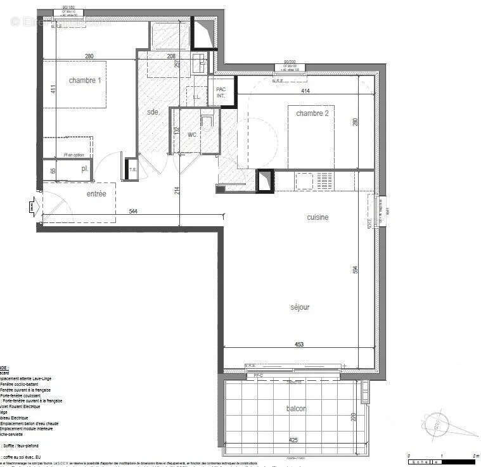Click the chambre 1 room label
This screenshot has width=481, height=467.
(84, 80)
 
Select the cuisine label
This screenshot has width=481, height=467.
(317, 217)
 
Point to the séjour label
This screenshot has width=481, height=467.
(300, 307)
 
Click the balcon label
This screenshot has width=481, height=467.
(295, 409)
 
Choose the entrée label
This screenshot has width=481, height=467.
(96, 193)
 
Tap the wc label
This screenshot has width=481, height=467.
(192, 135)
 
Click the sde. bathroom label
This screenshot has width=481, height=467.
(152, 112)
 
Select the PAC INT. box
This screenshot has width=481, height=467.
(221, 93)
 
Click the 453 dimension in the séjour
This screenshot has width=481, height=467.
(299, 345)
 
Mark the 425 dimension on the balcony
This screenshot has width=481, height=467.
(293, 439)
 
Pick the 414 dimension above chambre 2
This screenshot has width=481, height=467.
(304, 91)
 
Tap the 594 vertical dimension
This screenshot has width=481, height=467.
(356, 269)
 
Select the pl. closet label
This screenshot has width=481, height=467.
(84, 169)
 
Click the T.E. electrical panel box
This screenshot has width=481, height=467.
(132, 169)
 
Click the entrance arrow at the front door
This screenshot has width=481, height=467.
(32, 205)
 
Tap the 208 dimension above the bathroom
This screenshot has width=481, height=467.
(171, 56)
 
